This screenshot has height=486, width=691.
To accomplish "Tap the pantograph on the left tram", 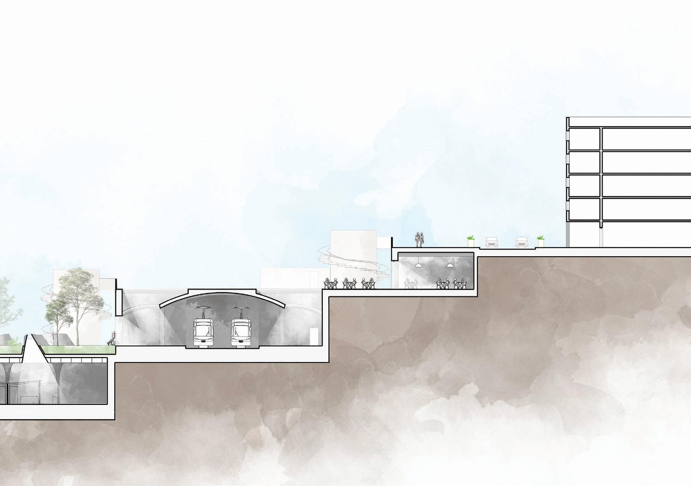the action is tap(204, 309).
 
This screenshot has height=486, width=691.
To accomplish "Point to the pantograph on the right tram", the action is tap(241, 309).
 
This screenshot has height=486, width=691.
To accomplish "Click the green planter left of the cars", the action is tap(470, 242).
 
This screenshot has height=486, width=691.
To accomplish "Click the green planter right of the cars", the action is tap(541, 242).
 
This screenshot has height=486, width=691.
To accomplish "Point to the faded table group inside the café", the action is tap(411, 283).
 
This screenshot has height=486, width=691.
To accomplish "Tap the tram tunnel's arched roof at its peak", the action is tap(222, 291).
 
